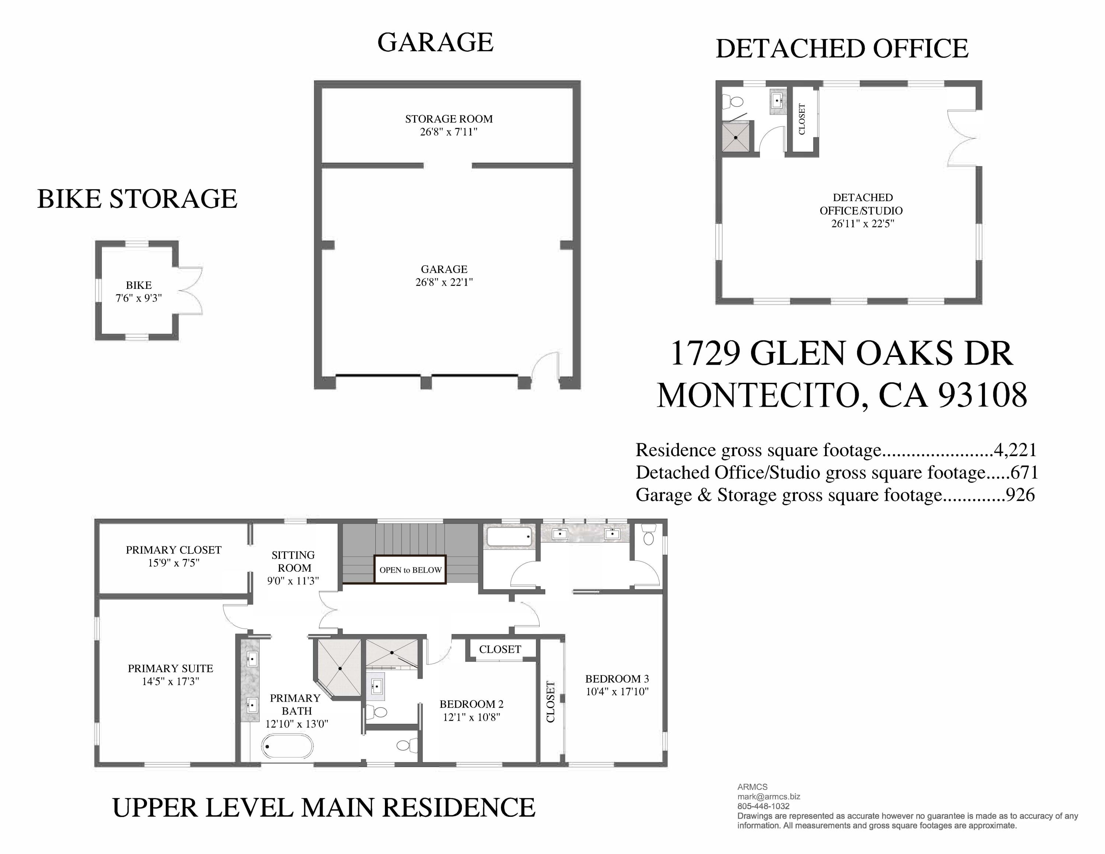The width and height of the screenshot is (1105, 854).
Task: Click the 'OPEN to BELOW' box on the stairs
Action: [x=410, y=570]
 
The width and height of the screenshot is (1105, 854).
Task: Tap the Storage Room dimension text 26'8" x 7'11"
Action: [x=449, y=132]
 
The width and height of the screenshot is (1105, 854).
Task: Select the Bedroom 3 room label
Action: [x=617, y=678]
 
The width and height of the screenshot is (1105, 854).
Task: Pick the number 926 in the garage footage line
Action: [x=1021, y=494]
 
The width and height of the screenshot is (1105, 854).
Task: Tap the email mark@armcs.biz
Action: [x=769, y=796]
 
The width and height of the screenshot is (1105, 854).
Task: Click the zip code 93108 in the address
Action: [x=983, y=395]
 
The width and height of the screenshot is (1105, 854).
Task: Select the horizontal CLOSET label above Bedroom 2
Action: [x=500, y=649]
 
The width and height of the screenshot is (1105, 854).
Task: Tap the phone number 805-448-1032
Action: [x=763, y=806]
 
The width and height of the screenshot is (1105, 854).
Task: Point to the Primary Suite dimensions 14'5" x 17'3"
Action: [x=171, y=682]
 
